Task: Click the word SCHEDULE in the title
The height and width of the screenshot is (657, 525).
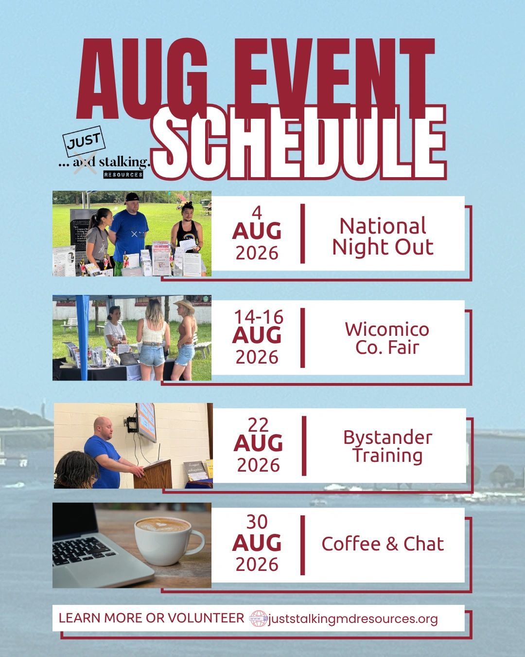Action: point(299,142)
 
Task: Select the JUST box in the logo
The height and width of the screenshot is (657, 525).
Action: point(84,141)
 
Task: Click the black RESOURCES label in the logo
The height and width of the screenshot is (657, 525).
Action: point(123,175)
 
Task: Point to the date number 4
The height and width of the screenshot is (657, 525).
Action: point(257,213)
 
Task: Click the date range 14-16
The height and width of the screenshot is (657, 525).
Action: point(259,317)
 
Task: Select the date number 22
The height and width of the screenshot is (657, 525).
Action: point(258,424)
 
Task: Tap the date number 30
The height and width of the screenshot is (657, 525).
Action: point(257,522)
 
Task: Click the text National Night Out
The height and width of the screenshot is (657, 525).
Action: point(383,237)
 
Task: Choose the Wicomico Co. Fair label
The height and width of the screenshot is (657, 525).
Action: point(387,338)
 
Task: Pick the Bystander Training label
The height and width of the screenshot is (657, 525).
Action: point(388,447)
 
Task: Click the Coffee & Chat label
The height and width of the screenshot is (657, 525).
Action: point(383,544)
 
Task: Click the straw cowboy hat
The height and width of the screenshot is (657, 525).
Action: point(184,305)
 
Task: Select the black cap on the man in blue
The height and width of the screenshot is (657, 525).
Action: point(132,198)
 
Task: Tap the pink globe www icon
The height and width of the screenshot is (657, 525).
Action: point(259,619)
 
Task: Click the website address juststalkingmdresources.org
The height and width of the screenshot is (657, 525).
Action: point(353,619)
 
